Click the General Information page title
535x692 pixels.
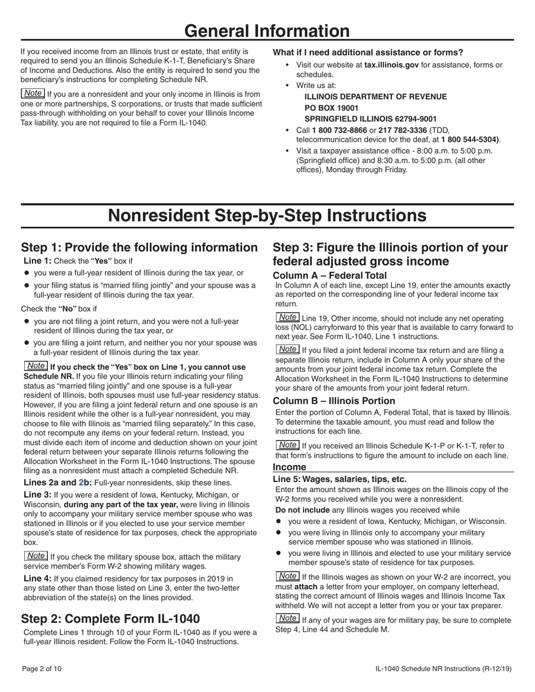267,30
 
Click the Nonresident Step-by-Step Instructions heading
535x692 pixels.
267,215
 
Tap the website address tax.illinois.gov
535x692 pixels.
391,65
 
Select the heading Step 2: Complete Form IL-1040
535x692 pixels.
110,619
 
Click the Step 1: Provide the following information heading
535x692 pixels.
139,248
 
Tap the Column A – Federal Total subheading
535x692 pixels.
329,275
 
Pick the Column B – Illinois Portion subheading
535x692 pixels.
334,401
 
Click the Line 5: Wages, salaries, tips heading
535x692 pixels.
340,479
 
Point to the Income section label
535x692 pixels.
289,467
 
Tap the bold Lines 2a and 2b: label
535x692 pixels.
58,482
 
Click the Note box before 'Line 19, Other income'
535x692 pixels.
288,317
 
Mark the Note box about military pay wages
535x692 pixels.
288,618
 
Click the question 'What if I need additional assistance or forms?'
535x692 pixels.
368,52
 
